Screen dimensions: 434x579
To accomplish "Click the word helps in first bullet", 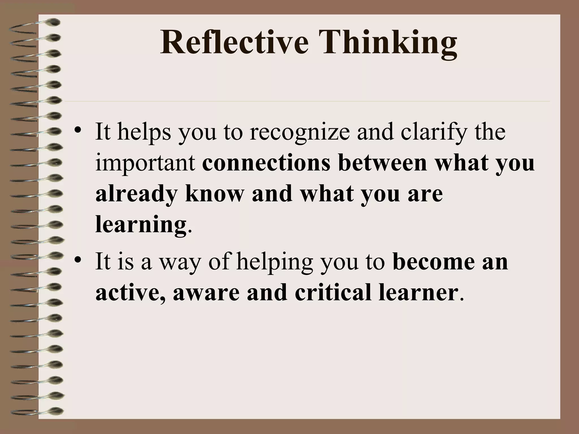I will coord(144,132).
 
